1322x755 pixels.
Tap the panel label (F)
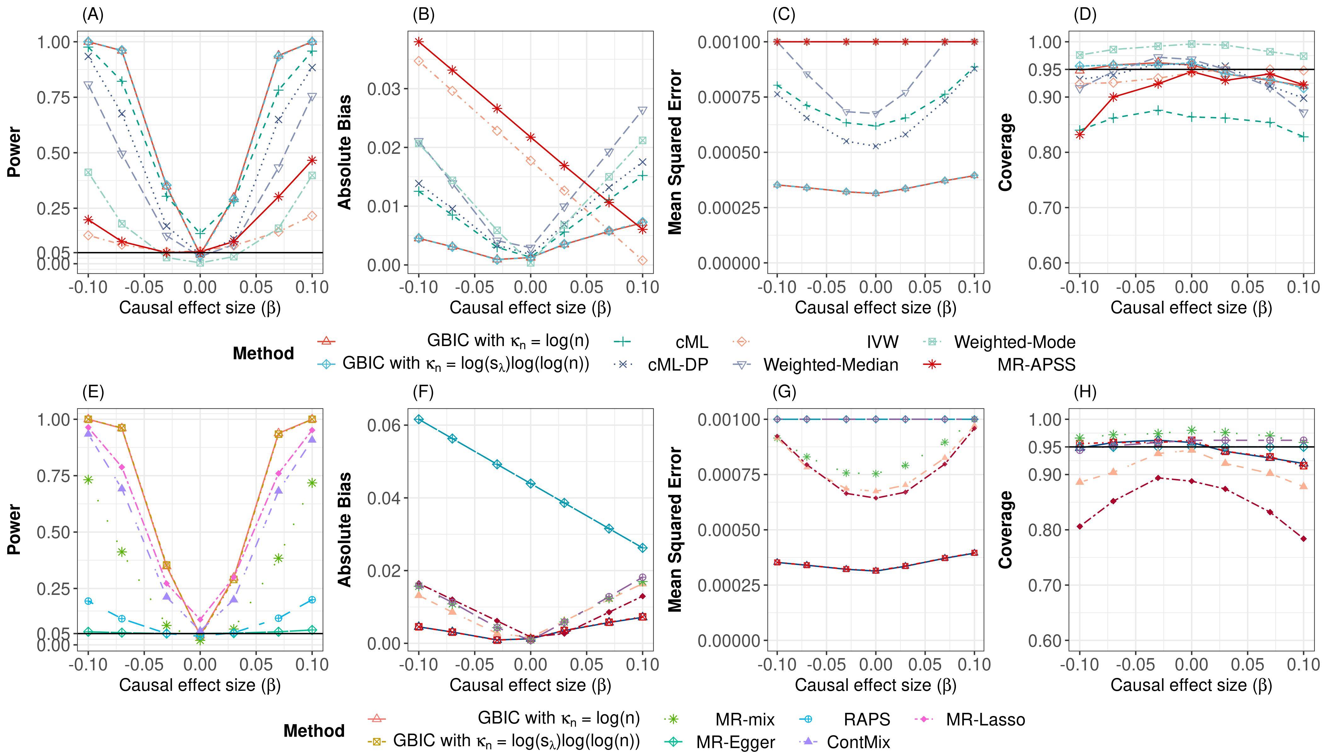pyautogui.click(x=423, y=393)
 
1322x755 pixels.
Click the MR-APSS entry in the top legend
pyautogui.click(x=1036, y=365)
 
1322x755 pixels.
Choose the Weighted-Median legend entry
pyautogui.click(x=830, y=365)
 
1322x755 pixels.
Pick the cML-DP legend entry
pyautogui.click(x=678, y=365)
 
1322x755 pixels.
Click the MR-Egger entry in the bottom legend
pyautogui.click(x=735, y=742)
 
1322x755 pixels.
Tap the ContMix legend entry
pyautogui.click(x=858, y=742)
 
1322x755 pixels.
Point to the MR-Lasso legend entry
pyautogui.click(x=985, y=720)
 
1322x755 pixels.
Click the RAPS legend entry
pyautogui.click(x=867, y=720)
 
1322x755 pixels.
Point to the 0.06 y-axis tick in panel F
pyautogui.click(x=382, y=426)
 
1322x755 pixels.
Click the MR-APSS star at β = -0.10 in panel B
pyautogui.click(x=419, y=42)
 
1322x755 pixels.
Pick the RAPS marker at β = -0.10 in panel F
pyautogui.click(x=419, y=419)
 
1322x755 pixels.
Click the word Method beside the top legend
pyautogui.click(x=263, y=354)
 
